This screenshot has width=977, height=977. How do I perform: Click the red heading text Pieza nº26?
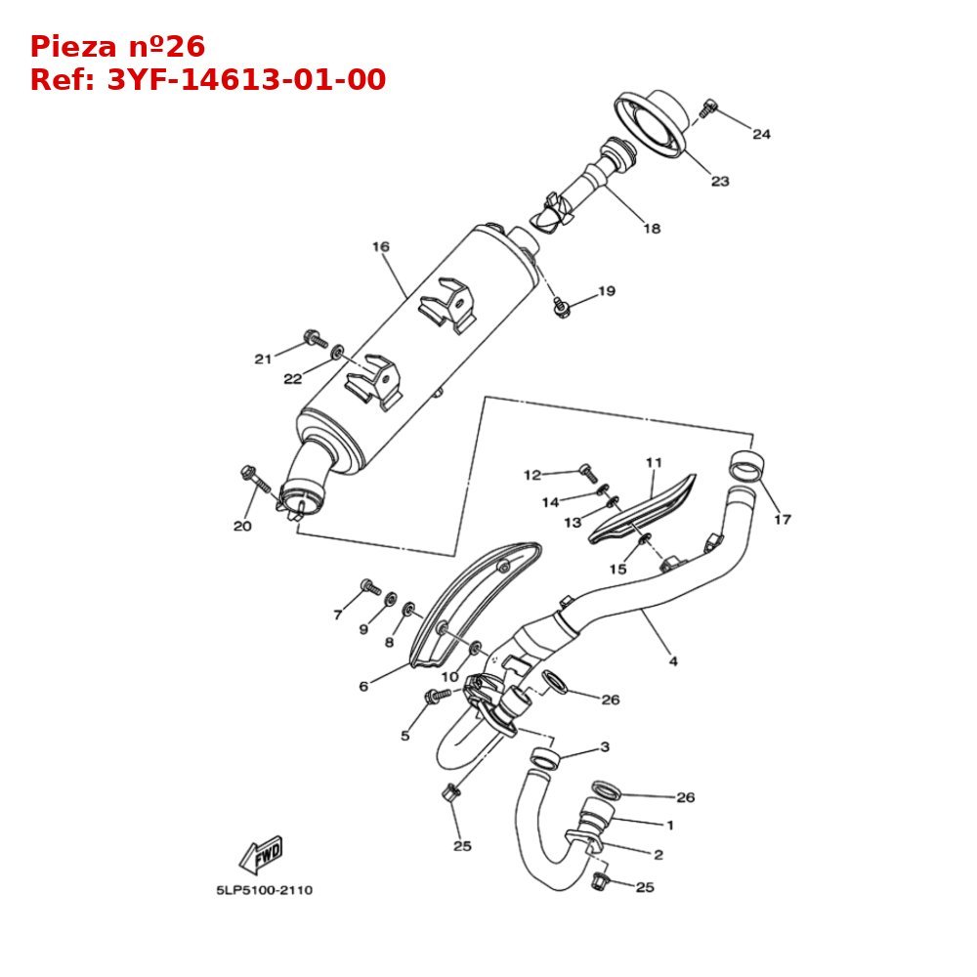tap(117, 47)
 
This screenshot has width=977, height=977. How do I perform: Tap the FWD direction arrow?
tap(261, 855)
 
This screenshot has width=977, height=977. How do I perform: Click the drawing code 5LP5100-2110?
tap(265, 890)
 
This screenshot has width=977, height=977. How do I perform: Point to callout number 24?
tap(761, 134)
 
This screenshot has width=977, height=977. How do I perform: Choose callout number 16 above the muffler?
tap(381, 246)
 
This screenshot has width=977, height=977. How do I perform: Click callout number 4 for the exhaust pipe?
tap(673, 661)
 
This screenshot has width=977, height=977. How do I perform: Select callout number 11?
tap(654, 461)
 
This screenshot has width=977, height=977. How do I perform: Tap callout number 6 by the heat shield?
tap(363, 686)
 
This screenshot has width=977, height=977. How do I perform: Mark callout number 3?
tap(605, 746)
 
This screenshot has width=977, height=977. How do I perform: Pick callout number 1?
tap(670, 826)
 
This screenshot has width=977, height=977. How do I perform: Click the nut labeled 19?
tap(561, 308)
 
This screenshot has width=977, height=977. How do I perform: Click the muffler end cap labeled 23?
tap(653, 122)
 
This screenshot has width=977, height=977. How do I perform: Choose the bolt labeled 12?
tap(587, 472)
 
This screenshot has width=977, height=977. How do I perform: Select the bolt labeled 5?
tap(437, 695)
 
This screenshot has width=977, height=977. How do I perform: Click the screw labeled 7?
tap(370, 586)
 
